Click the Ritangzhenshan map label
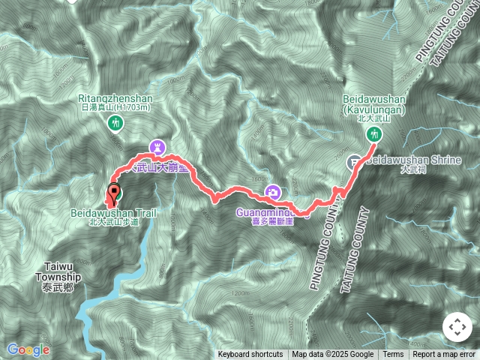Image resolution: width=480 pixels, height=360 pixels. (x=115, y=98)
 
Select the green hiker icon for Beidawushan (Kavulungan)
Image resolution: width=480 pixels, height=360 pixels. (x=373, y=134)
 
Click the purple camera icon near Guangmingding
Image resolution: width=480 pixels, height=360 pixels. (x=274, y=193)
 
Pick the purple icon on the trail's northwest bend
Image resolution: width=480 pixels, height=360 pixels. (x=157, y=147)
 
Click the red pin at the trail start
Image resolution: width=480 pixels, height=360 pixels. (x=114, y=193)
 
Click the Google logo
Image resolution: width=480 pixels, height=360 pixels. (x=28, y=349)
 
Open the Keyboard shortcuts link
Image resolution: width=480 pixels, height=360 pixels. (x=250, y=355)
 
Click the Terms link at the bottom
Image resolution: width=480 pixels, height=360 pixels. (x=393, y=355)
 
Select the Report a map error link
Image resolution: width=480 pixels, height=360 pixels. (x=444, y=355)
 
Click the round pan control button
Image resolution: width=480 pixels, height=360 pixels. (x=457, y=328)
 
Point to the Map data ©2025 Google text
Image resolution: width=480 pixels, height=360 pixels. (x=333, y=355)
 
